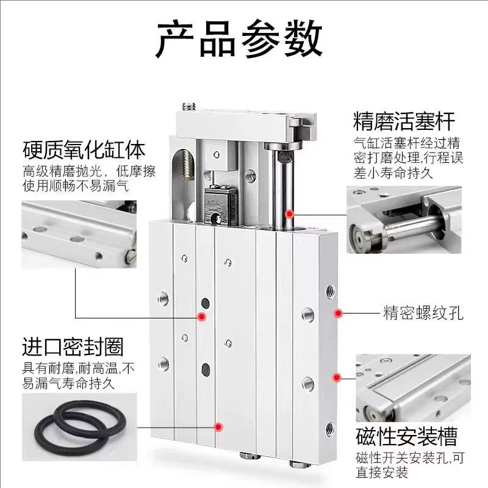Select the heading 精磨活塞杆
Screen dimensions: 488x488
coord(404,121)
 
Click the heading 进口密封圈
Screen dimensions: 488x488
coord(73,347)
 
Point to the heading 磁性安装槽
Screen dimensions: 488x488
coord(406,437)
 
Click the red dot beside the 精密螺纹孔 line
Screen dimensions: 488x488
coord(337,313)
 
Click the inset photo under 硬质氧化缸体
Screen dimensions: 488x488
coord(76,230)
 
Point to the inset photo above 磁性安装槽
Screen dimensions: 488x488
coord(412,388)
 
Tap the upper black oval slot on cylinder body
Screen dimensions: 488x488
coord(206,303)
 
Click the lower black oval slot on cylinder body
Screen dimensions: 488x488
coord(206,368)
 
